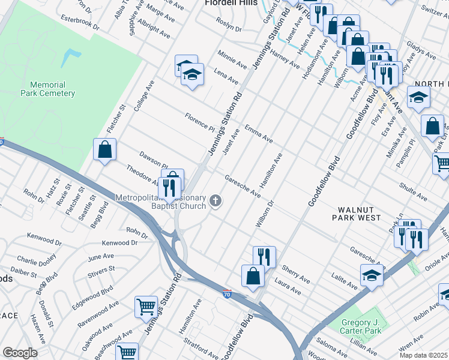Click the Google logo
point(20,352)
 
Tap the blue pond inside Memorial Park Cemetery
point(71,58)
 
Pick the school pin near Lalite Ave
point(372,276)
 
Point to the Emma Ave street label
point(259,134)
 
